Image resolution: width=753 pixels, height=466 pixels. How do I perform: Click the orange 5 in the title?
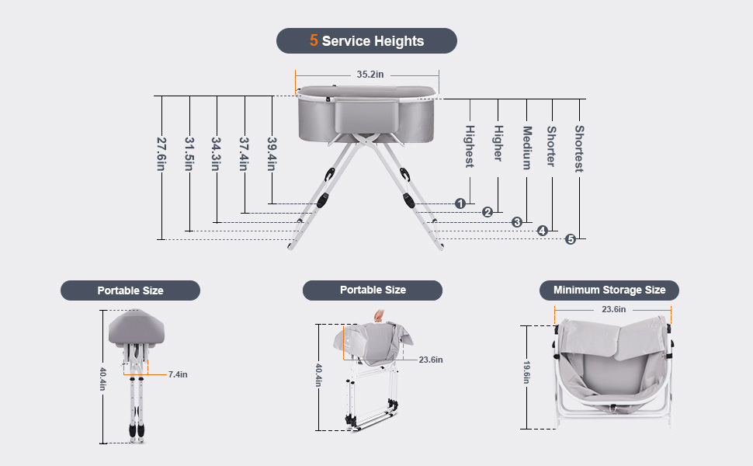click(314, 40)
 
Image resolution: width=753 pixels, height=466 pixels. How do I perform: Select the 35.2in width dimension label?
click(370, 75)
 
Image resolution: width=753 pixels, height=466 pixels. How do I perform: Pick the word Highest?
click(470, 146)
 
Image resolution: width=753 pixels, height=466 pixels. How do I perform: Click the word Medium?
click(526, 148)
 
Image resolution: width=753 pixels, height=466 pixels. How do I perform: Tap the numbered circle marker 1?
click(460, 203)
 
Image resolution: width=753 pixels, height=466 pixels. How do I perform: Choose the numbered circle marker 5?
click(571, 239)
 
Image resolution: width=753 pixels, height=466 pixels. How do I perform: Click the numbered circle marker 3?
click(517, 222)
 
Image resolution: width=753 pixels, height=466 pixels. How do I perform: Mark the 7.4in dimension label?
click(178, 374)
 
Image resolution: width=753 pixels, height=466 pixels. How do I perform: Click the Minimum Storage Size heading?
click(609, 290)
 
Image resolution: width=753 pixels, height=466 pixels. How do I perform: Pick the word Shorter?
click(551, 147)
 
